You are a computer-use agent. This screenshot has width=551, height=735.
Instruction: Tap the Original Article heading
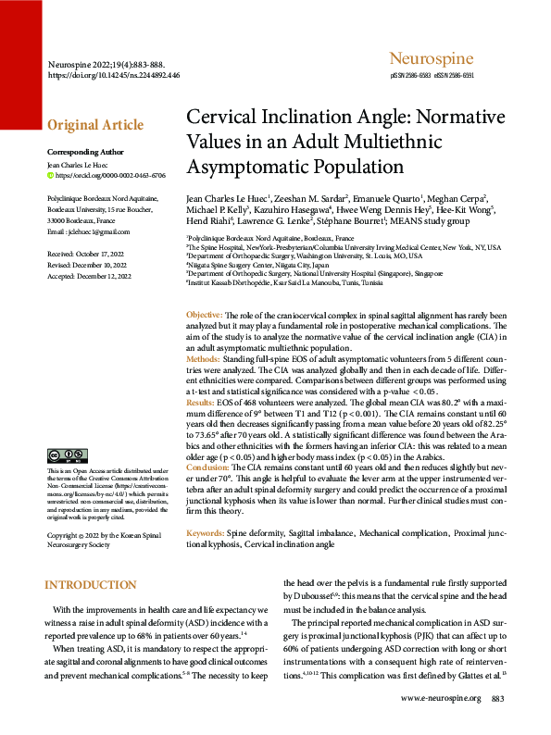(x=95, y=125)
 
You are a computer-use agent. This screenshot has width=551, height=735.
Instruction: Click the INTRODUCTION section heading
(x=91, y=585)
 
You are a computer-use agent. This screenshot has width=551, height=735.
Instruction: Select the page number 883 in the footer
(x=497, y=723)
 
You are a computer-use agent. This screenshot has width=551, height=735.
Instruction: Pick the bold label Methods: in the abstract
(x=204, y=357)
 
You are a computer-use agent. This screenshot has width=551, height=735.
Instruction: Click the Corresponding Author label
(x=84, y=151)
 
